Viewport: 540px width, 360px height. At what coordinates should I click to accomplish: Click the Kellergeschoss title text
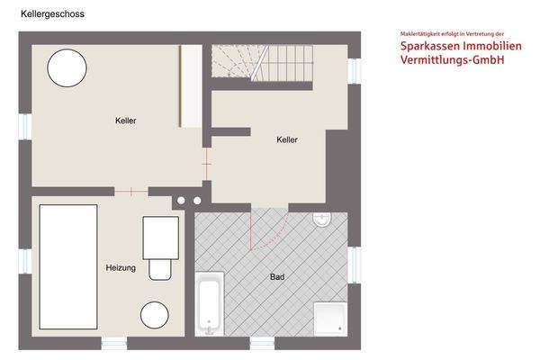(x=52, y=14)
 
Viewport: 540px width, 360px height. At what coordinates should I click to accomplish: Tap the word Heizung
(x=121, y=268)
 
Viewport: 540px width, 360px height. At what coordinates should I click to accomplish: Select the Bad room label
(x=277, y=277)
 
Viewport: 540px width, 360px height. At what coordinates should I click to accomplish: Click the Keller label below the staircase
(x=287, y=139)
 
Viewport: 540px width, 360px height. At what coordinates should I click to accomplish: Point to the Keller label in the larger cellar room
(x=126, y=121)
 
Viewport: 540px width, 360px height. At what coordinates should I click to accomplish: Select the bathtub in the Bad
(x=210, y=303)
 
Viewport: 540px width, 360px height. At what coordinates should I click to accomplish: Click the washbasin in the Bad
(x=324, y=220)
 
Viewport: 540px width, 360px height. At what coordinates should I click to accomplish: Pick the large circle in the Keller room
(x=67, y=67)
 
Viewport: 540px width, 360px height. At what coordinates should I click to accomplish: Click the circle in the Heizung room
(x=154, y=315)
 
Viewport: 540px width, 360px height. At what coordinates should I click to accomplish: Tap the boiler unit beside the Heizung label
(x=159, y=247)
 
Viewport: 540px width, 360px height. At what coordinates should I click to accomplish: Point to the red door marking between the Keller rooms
(x=206, y=165)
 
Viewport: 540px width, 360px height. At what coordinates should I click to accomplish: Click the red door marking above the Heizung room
(x=131, y=191)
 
